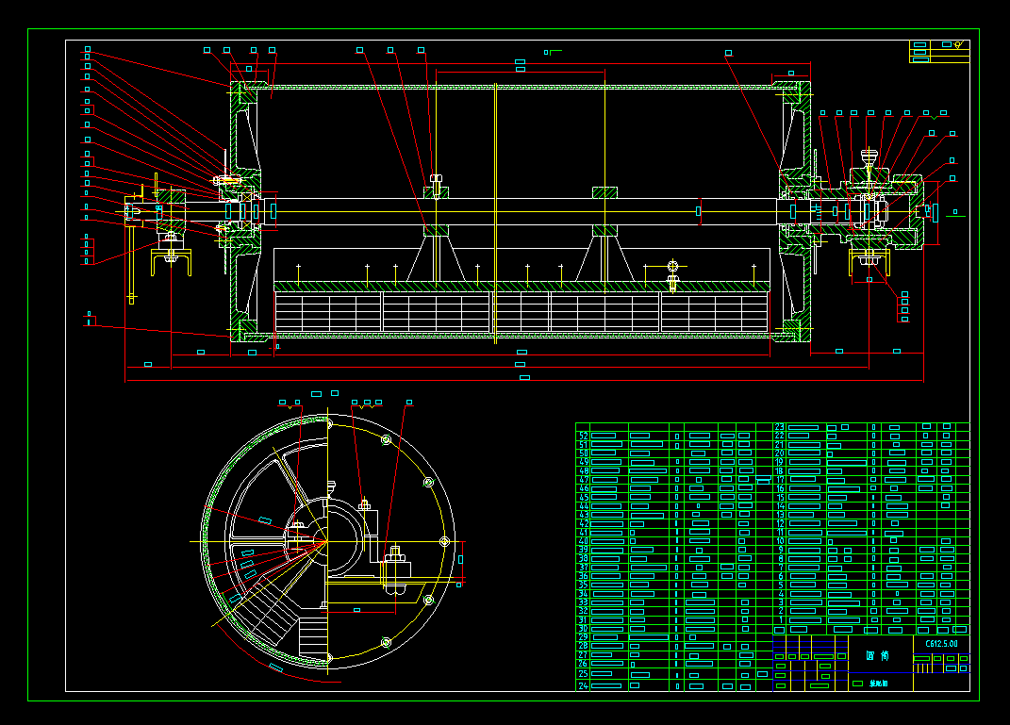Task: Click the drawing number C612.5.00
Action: coord(941,643)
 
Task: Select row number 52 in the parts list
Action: coord(583,436)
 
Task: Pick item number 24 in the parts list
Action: coord(583,686)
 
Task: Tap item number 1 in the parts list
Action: coord(781,620)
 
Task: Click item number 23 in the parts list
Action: coord(780,427)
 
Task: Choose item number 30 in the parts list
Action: coord(583,629)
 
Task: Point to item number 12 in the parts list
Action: coord(780,523)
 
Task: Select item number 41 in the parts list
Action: coord(583,533)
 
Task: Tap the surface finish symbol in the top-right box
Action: coord(957,44)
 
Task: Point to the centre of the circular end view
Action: coord(327,541)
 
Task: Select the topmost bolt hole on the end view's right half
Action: coord(386,439)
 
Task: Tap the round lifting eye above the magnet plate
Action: coord(672,265)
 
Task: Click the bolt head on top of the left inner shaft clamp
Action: coord(436,178)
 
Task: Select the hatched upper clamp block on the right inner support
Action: coord(604,192)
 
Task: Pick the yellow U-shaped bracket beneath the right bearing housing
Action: coord(869,262)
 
